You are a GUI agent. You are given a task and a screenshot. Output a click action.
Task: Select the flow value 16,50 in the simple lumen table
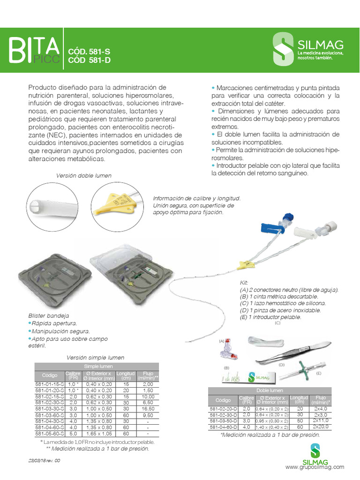[x=149, y=409]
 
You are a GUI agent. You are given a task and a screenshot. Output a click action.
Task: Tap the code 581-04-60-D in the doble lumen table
[x=223, y=427]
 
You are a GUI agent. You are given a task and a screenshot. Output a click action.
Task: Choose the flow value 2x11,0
[x=321, y=421]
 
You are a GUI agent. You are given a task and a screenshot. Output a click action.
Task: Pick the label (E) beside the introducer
[x=319, y=373]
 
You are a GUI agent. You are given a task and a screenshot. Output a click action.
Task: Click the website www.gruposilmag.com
[x=315, y=467]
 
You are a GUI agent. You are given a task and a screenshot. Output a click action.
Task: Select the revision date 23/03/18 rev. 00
[x=44, y=461]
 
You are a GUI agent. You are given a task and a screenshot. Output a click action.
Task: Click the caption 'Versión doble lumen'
[x=84, y=175]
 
